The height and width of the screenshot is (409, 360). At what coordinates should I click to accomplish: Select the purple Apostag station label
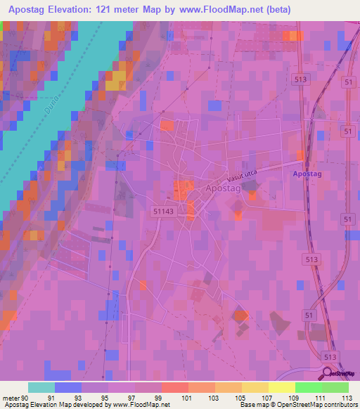click(307, 173)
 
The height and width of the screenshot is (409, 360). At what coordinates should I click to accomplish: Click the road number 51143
click(162, 210)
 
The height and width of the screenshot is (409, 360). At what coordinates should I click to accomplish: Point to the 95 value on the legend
click(107, 398)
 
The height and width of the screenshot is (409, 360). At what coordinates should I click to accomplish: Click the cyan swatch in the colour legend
click(41, 387)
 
